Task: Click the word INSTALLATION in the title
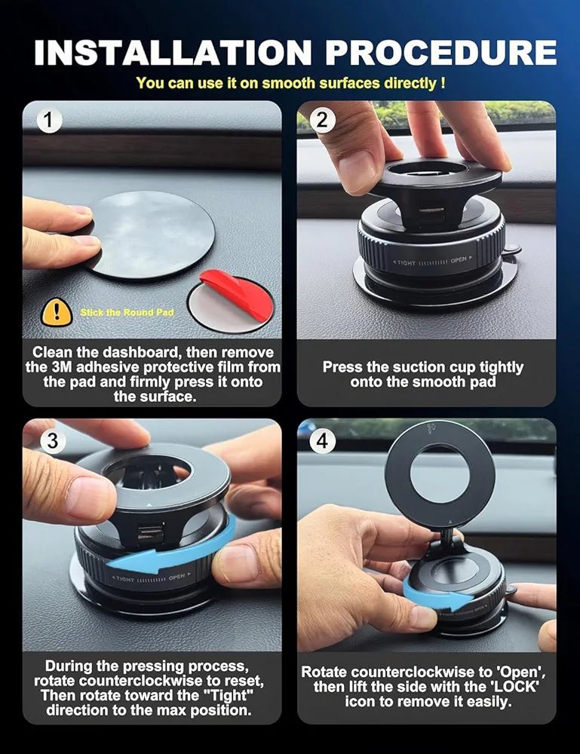(172, 53)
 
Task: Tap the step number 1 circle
(49, 120)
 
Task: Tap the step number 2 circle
(322, 120)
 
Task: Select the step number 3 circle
(51, 440)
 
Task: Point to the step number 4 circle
(323, 440)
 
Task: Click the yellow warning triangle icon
(57, 311)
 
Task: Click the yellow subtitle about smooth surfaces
(290, 83)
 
